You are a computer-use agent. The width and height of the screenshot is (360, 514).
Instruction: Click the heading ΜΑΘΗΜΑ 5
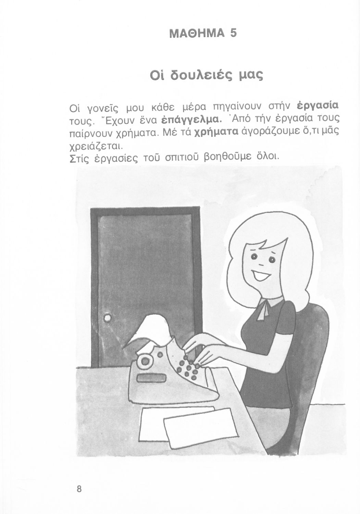(202, 34)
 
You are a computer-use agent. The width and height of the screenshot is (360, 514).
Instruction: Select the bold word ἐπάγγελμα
(192, 121)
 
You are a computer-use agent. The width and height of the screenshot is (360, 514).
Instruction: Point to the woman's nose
(261, 264)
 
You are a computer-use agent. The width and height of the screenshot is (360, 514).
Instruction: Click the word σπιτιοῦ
(182, 157)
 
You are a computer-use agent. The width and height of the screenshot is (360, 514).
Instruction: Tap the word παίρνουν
(92, 134)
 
